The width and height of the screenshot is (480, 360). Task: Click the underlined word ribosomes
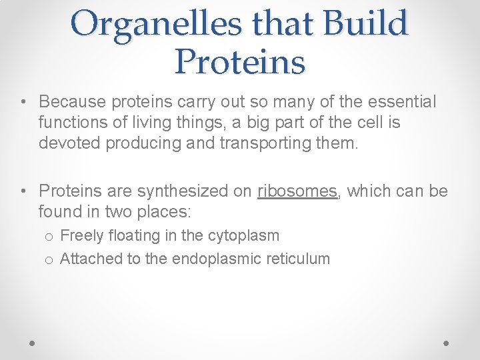coord(297,191)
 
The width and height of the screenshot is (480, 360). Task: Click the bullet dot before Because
coord(23,102)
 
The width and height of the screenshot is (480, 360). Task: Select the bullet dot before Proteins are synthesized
coord(23,191)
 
